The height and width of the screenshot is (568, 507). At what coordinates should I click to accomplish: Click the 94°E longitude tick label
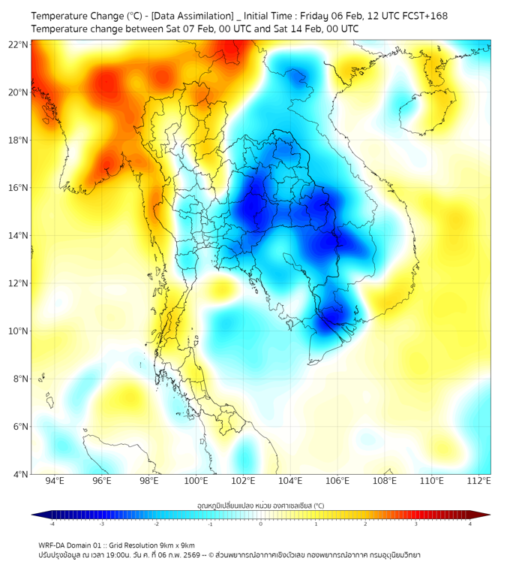pos(55,482)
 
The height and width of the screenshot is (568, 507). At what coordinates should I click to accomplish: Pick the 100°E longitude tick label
pos(196,482)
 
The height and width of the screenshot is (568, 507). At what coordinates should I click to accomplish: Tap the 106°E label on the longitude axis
pos(337,482)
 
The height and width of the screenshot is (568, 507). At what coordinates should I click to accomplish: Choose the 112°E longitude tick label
pos(478,482)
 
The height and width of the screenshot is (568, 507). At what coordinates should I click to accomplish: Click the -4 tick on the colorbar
pos(52,524)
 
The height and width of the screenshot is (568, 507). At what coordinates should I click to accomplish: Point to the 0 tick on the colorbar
pos(261,524)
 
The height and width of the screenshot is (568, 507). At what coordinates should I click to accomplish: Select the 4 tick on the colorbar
pos(469,524)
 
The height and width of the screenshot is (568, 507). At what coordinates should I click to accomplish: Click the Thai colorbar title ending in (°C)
pos(260,506)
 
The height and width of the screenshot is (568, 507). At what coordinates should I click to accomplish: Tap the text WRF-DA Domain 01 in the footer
pos(71,545)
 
